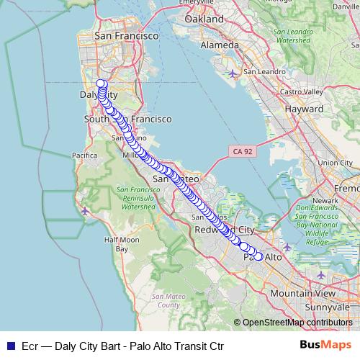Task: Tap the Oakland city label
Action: (204, 20)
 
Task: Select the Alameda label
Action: (220, 45)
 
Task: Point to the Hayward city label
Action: (305, 108)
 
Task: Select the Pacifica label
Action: (84, 155)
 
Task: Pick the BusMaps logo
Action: (326, 346)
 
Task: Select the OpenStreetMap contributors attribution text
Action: (297, 323)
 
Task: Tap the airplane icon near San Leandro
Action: (232, 73)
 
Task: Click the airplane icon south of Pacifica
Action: (86, 211)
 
